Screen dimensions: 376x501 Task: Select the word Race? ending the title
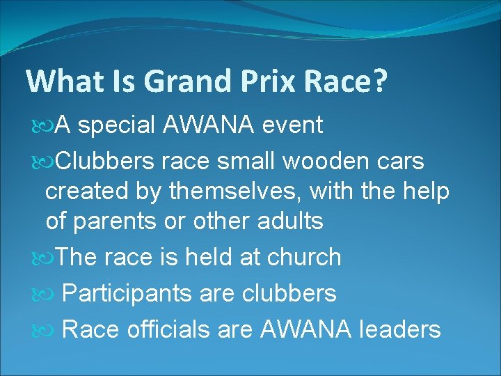pos(351,81)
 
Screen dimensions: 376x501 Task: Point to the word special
pos(118,126)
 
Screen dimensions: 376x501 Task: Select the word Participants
pos(126,293)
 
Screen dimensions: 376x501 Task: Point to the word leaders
pos(399,329)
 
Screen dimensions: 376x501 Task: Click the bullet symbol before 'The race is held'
pos(43,258)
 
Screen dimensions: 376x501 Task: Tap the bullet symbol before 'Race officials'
pos(43,329)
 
